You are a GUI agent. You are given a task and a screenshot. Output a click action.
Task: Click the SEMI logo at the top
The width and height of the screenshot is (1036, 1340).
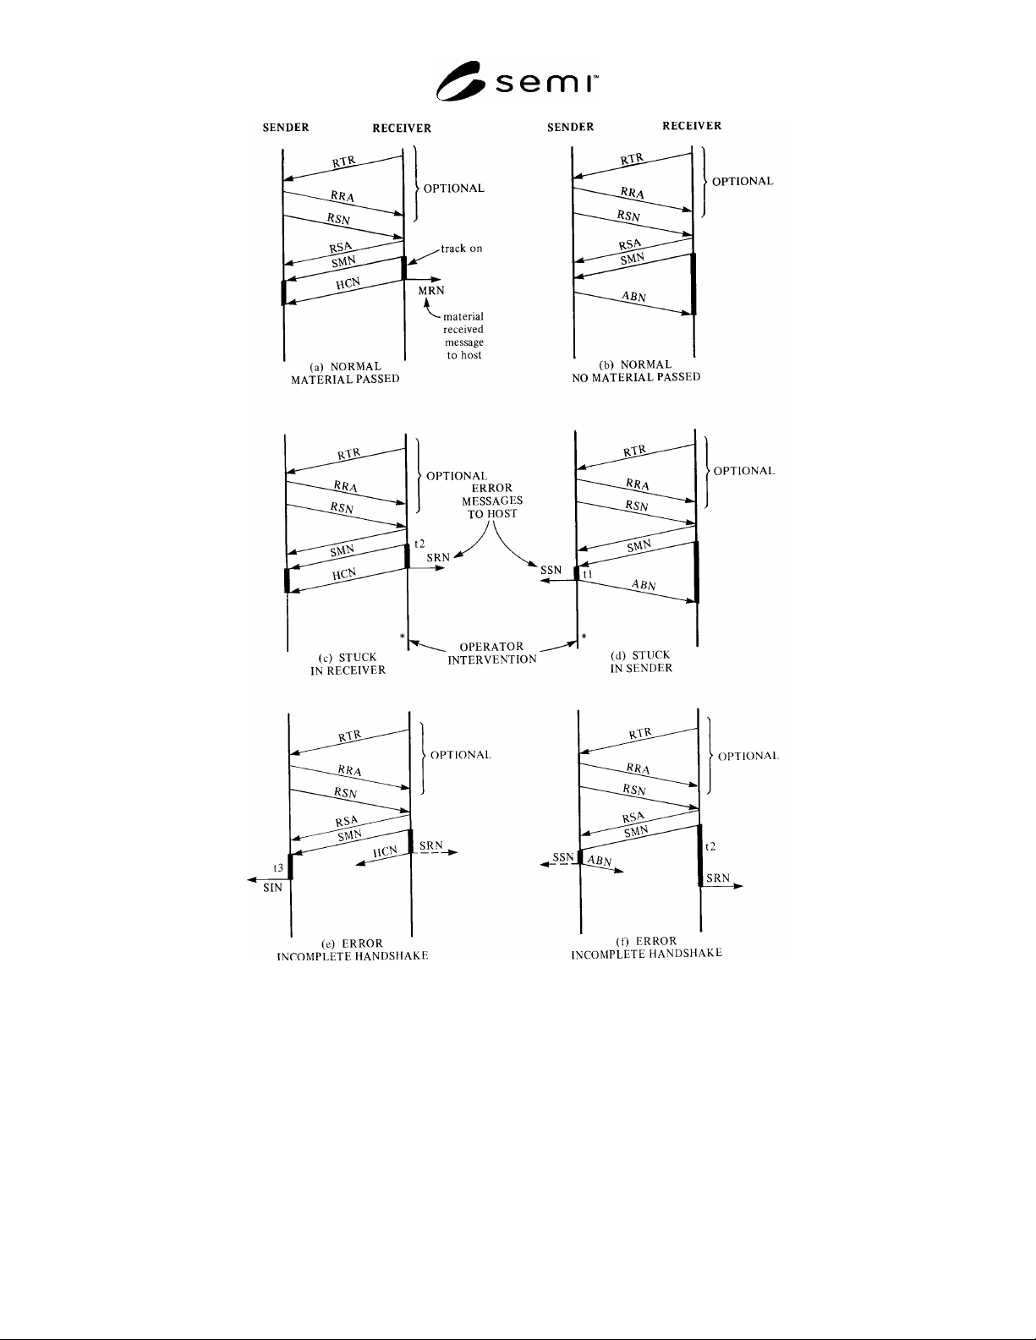(x=517, y=81)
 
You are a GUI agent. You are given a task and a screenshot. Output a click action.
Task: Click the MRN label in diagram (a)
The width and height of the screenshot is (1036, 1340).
(x=431, y=291)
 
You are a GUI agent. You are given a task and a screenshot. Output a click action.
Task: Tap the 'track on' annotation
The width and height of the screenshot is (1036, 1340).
(x=461, y=249)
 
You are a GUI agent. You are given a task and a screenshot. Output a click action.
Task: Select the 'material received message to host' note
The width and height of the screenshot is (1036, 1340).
(x=463, y=336)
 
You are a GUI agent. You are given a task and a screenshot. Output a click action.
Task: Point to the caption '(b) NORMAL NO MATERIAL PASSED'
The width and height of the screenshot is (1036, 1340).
(x=636, y=370)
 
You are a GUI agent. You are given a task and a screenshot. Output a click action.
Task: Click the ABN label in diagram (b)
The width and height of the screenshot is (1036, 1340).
(x=634, y=297)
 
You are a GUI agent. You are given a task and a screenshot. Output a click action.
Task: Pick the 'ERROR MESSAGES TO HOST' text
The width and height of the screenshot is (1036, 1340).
(x=492, y=500)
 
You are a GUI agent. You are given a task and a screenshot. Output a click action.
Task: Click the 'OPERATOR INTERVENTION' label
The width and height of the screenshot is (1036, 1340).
(x=492, y=653)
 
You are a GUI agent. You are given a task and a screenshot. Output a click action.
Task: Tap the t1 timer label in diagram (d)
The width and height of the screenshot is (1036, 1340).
(x=588, y=574)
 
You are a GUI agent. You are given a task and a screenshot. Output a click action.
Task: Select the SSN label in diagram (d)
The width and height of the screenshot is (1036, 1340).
(x=551, y=571)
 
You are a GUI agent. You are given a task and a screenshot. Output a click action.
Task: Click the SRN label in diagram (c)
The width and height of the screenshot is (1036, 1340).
(x=438, y=557)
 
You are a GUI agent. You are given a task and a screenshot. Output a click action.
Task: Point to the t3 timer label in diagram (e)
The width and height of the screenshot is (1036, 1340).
(x=278, y=867)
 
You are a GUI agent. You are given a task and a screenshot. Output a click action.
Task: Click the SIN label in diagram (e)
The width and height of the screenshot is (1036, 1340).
(x=272, y=888)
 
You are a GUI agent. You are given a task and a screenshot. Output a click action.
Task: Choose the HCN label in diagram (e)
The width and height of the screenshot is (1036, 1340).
(x=385, y=852)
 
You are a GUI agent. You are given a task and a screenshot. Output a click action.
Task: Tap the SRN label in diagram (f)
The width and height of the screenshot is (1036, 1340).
(x=718, y=878)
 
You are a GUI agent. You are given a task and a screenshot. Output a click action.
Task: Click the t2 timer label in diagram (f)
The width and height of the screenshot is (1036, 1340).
(x=710, y=846)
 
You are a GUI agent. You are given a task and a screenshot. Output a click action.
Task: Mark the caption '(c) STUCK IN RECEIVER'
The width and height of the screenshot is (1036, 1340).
(x=348, y=664)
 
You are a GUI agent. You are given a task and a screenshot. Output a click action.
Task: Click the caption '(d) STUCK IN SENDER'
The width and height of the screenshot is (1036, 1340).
(x=641, y=661)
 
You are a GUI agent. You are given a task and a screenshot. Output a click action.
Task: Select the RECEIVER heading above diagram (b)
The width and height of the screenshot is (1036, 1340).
(x=692, y=126)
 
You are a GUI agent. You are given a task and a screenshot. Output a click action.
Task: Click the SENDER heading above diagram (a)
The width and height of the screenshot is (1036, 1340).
(x=286, y=128)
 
